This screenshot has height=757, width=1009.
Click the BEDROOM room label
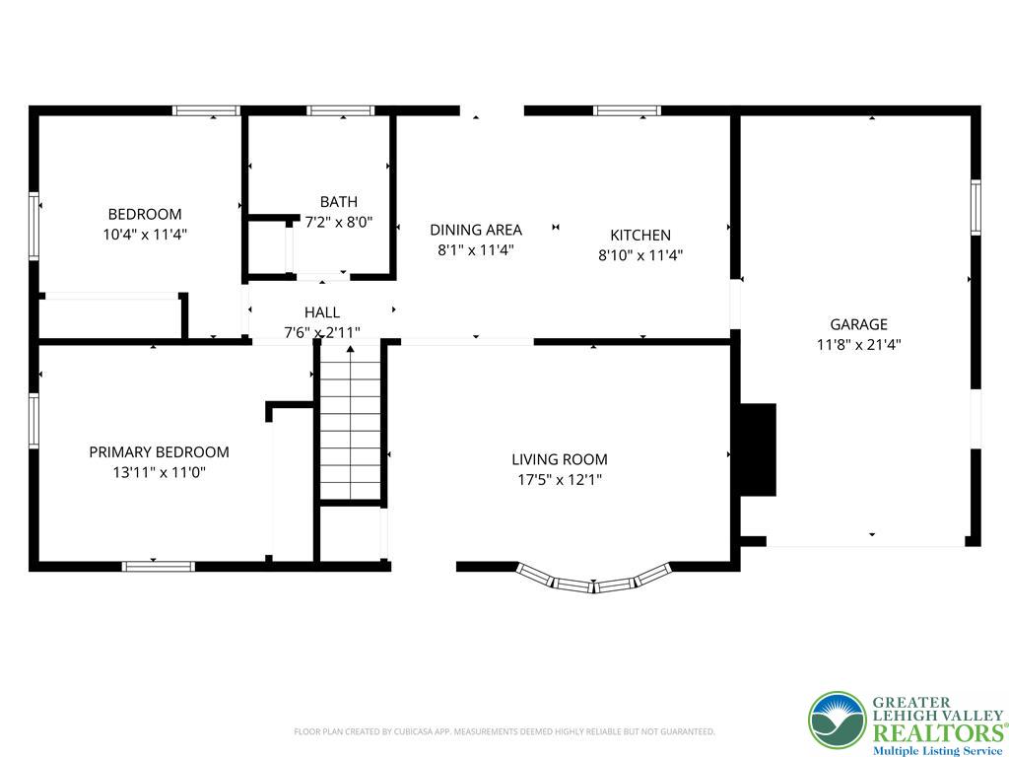tap(145, 214)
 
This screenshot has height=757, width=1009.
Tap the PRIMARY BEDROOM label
tap(159, 451)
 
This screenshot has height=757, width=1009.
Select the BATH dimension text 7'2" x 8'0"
tap(339, 223)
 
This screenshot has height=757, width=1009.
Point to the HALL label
tap(322, 312)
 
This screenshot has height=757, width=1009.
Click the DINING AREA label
tap(476, 230)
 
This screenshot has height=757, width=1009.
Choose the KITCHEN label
tap(640, 235)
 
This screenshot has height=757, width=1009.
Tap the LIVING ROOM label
tap(560, 459)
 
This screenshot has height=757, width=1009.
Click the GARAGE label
tap(858, 324)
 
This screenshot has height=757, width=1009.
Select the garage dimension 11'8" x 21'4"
tap(858, 344)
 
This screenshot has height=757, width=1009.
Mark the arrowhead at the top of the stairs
tap(351, 349)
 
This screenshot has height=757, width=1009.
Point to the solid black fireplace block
tap(758, 449)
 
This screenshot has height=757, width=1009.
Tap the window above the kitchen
tap(627, 110)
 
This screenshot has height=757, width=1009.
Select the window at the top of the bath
tap(340, 110)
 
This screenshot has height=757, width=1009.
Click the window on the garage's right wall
tap(975, 207)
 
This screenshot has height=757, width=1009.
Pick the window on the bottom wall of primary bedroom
tap(159, 567)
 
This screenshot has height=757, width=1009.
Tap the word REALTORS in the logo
tap(938, 733)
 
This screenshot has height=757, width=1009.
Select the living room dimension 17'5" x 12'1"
tap(560, 480)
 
